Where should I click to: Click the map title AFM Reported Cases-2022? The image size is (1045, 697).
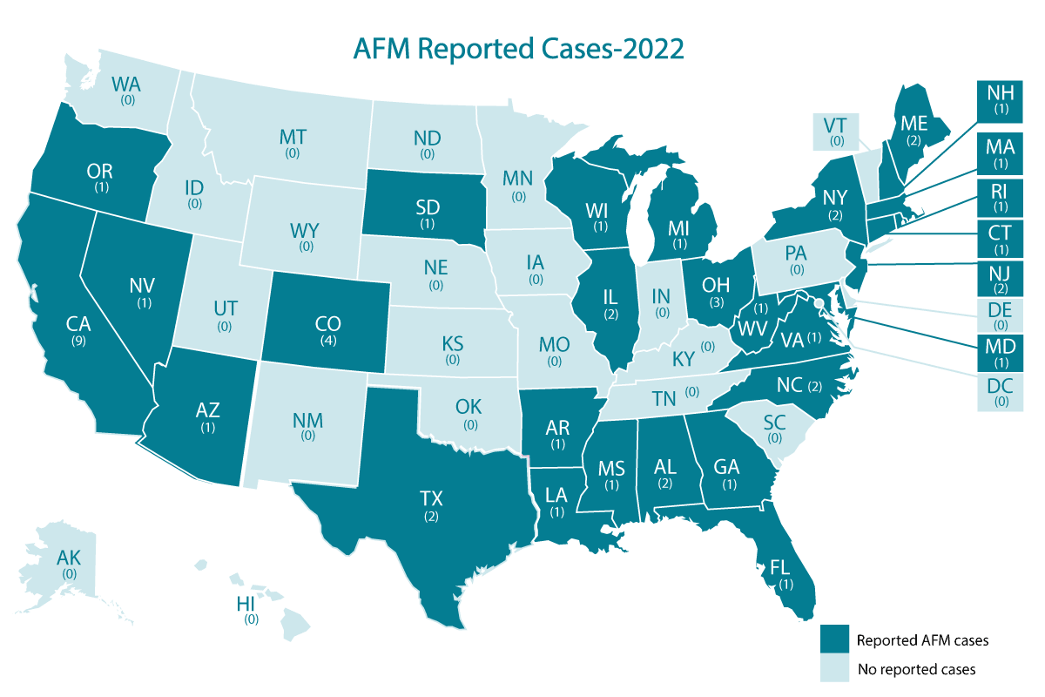click(x=518, y=48)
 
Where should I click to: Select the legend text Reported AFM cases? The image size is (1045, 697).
click(x=922, y=640)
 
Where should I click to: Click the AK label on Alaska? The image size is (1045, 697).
click(x=67, y=559)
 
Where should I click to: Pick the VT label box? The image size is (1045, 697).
click(x=837, y=128)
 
